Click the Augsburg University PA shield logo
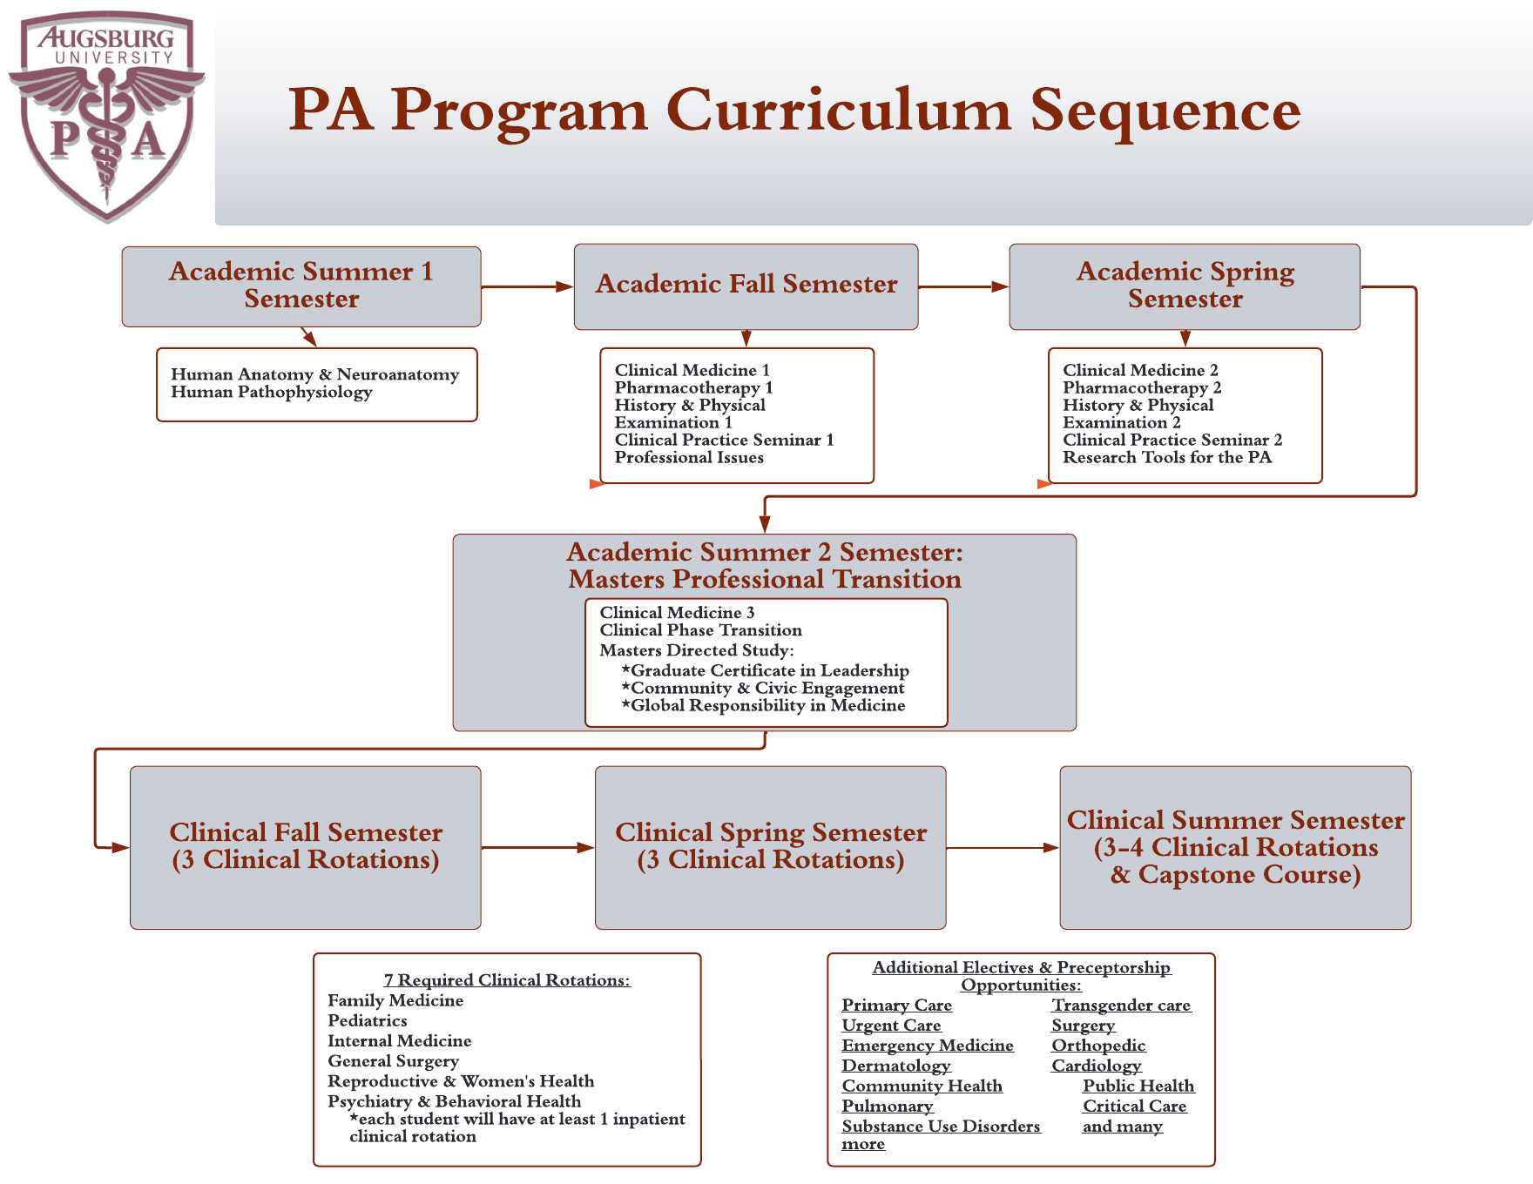point(107,116)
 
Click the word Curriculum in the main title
point(840,111)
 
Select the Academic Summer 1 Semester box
point(301,286)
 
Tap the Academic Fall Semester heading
point(746,284)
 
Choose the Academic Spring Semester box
point(1185,286)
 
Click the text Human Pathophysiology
point(272,392)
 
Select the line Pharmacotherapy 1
point(693,387)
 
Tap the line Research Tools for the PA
point(1167,457)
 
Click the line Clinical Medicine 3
point(677,612)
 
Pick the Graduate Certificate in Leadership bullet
point(765,670)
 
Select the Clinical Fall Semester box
point(306,847)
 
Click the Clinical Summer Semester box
point(1235,847)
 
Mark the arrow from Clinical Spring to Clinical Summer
point(1003,847)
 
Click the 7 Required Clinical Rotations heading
point(507,980)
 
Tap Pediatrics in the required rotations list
point(368,1020)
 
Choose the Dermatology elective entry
point(896,1066)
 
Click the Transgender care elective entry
point(1121,1006)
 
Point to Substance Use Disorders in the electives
point(941,1126)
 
